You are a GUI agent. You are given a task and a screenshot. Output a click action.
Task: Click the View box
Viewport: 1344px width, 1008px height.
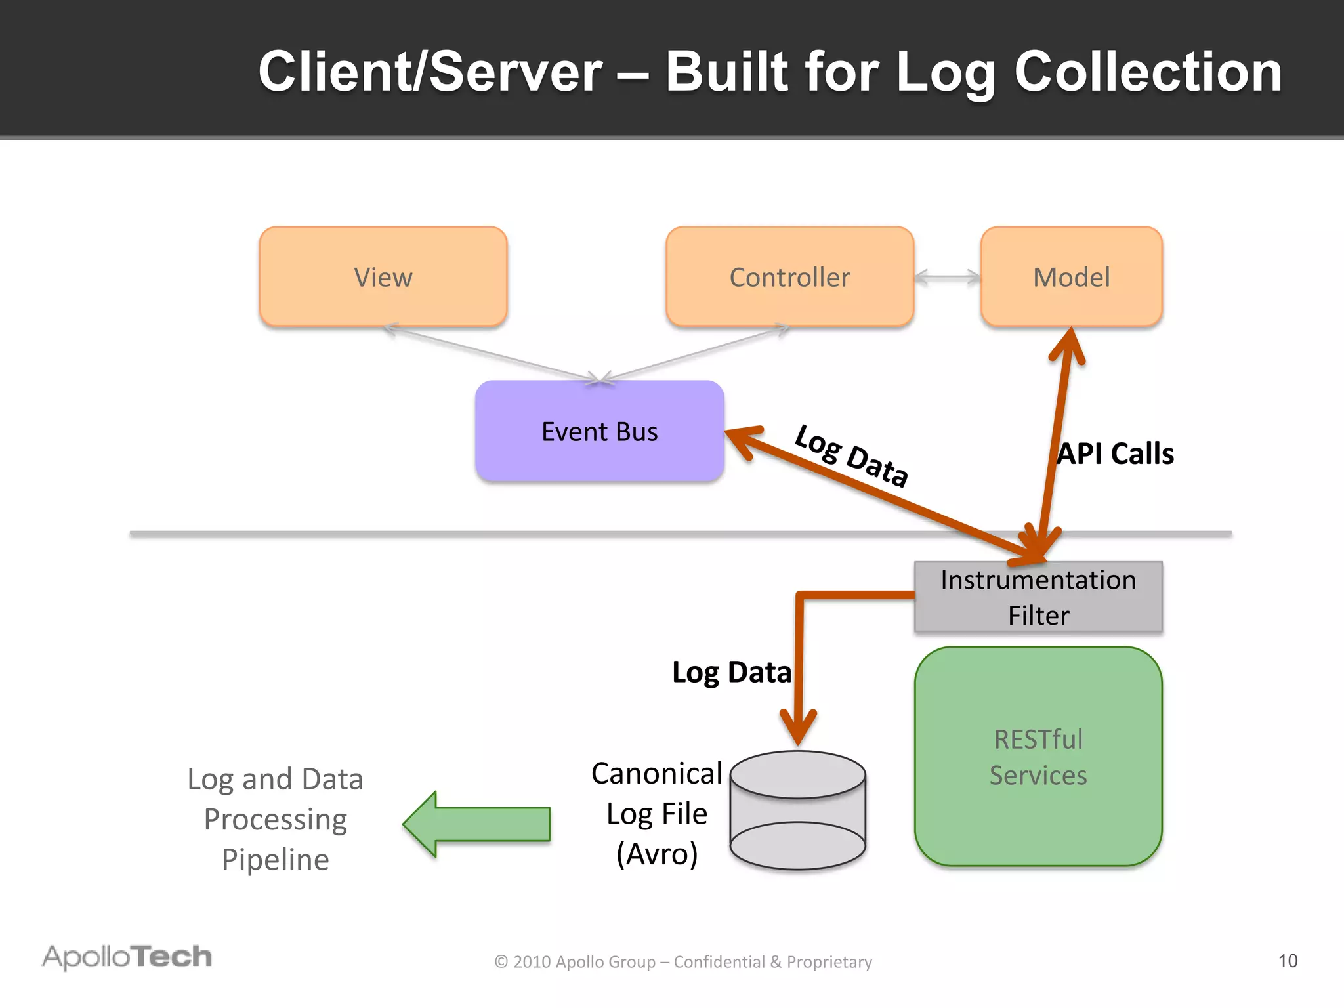coord(383,277)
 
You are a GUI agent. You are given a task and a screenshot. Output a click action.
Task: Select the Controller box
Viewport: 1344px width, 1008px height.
coord(789,277)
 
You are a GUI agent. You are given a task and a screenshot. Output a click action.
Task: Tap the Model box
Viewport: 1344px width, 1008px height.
coord(1071,277)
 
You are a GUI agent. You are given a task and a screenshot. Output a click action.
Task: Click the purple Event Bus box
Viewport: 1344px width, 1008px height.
coord(599,431)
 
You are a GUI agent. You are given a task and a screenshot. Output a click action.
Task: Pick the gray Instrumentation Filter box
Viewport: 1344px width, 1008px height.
coord(1038,597)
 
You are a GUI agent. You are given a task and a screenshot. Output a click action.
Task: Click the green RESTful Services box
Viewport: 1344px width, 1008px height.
coord(1038,757)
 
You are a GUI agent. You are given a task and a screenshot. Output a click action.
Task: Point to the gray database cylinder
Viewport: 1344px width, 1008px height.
coord(798,811)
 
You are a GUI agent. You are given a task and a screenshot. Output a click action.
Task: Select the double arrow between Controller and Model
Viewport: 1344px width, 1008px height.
coord(947,278)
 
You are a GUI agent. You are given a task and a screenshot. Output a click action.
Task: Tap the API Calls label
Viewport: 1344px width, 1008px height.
coord(1115,454)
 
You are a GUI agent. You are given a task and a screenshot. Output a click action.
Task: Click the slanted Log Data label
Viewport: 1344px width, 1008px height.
coord(851,455)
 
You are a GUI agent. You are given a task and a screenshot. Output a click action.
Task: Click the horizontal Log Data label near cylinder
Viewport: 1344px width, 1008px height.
coord(731,673)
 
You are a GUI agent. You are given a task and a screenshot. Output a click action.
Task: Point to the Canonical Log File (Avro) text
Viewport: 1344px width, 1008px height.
coord(656,814)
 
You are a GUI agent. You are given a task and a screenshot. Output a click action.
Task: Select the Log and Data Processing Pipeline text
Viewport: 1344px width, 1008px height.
coord(275,819)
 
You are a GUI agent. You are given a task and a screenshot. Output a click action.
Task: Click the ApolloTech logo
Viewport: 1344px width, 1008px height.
coord(127,957)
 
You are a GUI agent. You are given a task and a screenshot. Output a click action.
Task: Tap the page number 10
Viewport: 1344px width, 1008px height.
coord(1288,961)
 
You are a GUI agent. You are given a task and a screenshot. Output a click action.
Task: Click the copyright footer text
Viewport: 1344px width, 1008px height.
coord(683,962)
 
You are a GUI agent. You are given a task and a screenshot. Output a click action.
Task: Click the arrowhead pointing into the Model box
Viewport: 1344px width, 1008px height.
coord(1069,344)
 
